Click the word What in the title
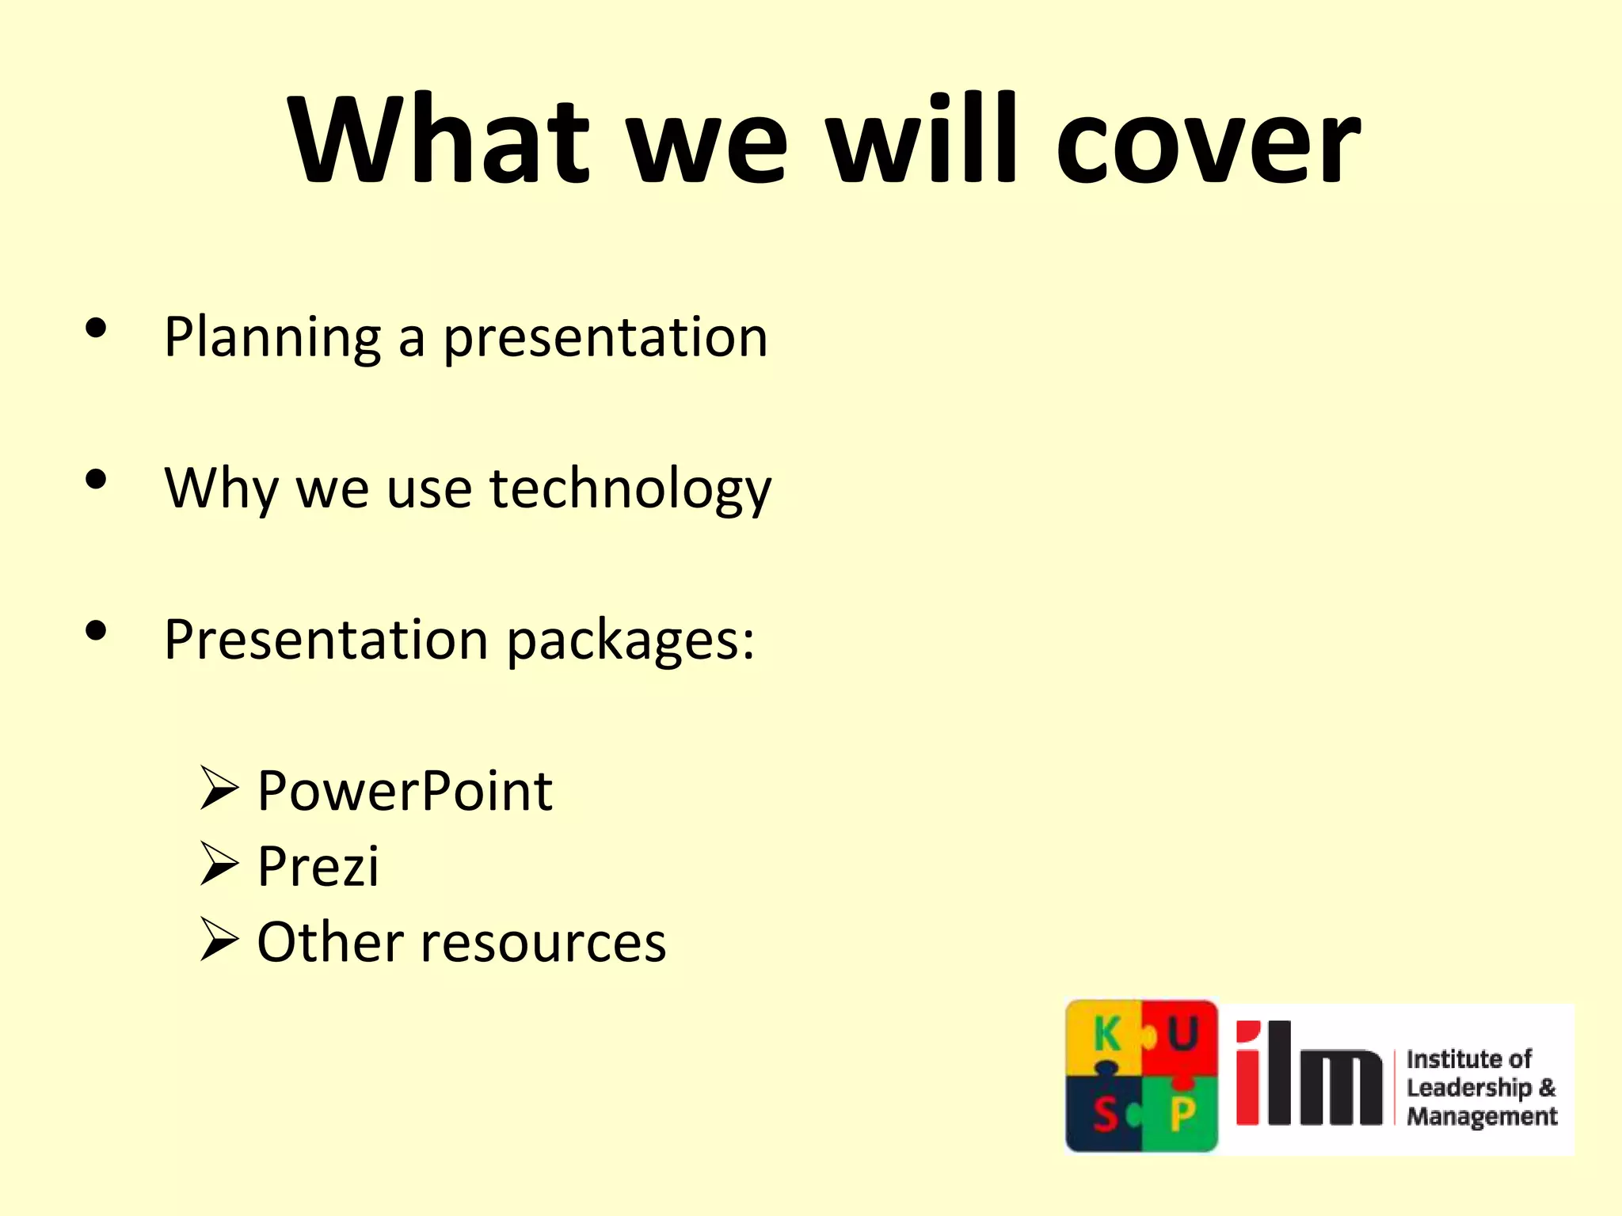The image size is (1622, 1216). [x=440, y=141]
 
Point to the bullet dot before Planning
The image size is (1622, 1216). [x=96, y=329]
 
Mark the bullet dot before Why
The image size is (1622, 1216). [x=96, y=480]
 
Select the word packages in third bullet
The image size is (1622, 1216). [x=630, y=640]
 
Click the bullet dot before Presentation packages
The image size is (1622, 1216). [x=96, y=632]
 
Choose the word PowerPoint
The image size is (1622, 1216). [x=405, y=791]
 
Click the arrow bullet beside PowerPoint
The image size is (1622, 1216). [x=219, y=788]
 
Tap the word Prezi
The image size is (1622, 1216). [x=318, y=866]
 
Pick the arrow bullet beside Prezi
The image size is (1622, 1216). [x=219, y=864]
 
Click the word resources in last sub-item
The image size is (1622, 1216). [x=543, y=942]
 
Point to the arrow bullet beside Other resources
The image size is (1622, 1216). [x=219, y=940]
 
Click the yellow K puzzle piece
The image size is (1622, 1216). [x=1104, y=1035]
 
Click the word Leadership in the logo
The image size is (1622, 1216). [x=1468, y=1088]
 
